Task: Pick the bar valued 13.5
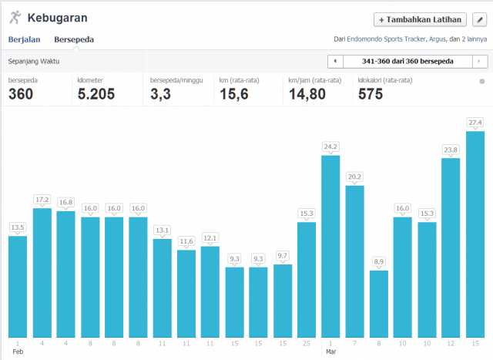(x=18, y=286)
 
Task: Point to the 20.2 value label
(x=354, y=177)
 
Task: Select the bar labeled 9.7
(x=283, y=300)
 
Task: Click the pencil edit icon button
(x=479, y=19)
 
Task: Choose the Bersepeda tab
(x=74, y=39)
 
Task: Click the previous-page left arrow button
(x=335, y=61)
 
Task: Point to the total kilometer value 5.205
(x=97, y=94)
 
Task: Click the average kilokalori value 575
(x=371, y=94)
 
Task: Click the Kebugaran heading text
(x=57, y=17)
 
